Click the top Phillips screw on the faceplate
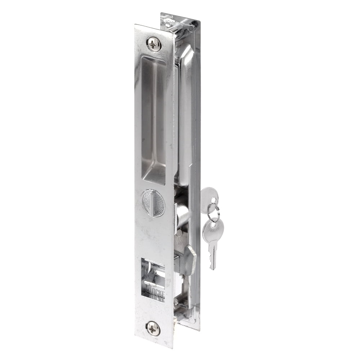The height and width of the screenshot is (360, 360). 154,44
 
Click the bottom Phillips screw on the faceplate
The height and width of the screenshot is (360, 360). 153,329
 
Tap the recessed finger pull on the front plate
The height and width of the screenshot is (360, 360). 153,119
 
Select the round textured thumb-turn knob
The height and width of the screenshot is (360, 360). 153,203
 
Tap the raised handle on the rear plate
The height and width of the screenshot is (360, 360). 187,108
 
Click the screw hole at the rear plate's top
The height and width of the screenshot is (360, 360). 168,20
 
